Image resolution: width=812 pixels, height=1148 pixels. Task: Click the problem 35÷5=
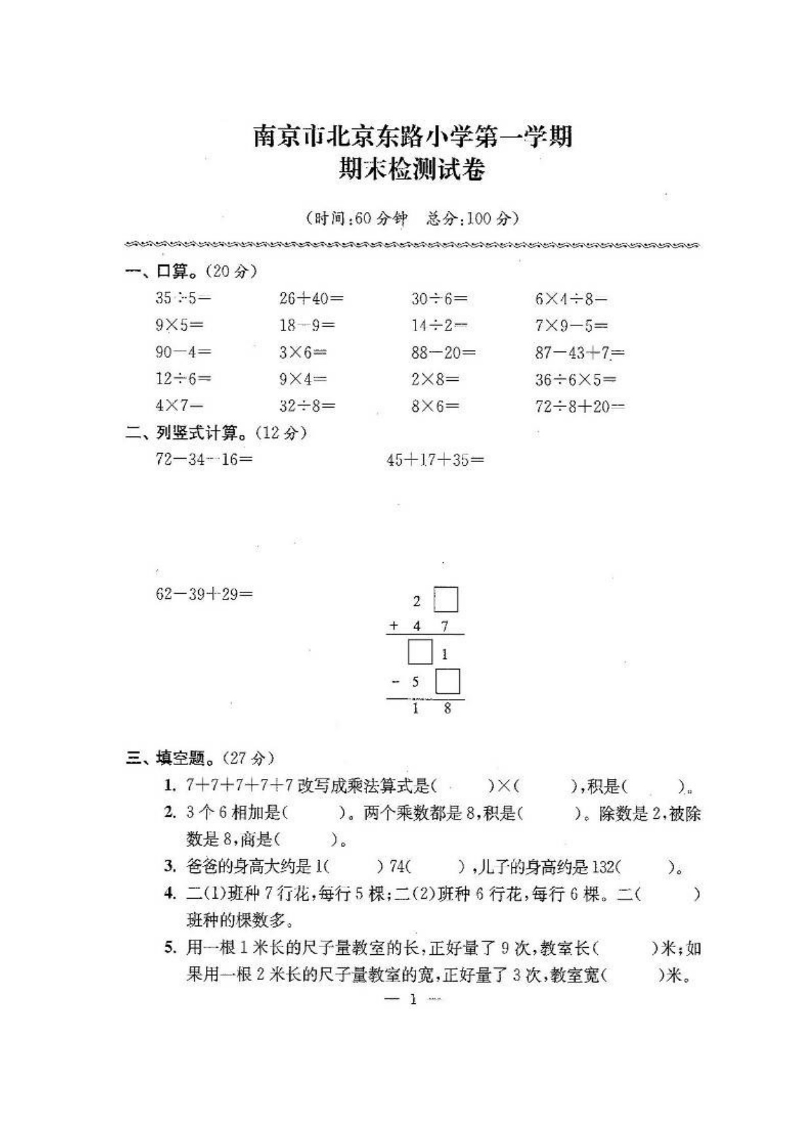(183, 298)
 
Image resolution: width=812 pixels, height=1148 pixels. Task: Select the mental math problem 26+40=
(311, 298)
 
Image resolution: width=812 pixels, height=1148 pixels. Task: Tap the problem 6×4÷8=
(571, 299)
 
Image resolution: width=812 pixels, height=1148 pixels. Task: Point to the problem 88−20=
(443, 353)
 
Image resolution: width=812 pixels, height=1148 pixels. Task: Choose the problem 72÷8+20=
(579, 406)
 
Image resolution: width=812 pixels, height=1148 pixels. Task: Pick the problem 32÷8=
(307, 406)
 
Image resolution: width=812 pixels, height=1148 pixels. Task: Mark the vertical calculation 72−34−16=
(203, 459)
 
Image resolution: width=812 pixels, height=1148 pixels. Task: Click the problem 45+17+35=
(435, 459)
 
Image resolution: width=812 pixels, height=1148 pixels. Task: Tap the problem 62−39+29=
(203, 594)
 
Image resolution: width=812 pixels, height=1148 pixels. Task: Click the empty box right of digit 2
(446, 600)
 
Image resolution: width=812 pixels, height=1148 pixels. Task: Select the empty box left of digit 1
(419, 653)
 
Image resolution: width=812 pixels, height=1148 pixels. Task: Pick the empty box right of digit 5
(448, 681)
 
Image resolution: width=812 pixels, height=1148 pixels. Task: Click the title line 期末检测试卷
(412, 170)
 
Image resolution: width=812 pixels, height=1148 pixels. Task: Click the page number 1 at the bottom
(413, 999)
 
